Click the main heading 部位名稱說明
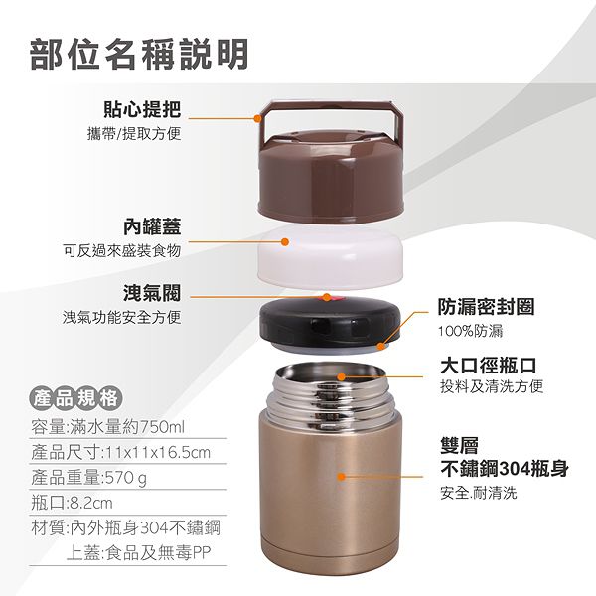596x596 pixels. click(x=139, y=54)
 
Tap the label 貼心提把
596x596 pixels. click(x=142, y=109)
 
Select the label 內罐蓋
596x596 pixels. click(x=152, y=226)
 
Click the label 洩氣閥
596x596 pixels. click(x=152, y=293)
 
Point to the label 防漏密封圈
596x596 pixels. click(x=486, y=307)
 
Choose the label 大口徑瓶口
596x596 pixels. click(x=489, y=366)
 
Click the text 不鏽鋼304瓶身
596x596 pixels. click(x=505, y=469)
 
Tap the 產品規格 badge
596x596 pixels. click(x=76, y=398)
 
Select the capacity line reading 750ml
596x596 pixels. click(x=107, y=427)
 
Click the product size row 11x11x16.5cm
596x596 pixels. click(x=120, y=452)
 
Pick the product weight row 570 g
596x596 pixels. click(x=89, y=478)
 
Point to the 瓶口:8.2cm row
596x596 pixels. click(x=72, y=503)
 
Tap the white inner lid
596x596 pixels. click(x=330, y=256)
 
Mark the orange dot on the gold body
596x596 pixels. click(x=341, y=476)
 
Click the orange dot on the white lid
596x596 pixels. click(x=285, y=241)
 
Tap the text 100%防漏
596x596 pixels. click(x=470, y=331)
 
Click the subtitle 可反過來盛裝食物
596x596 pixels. click(x=121, y=251)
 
